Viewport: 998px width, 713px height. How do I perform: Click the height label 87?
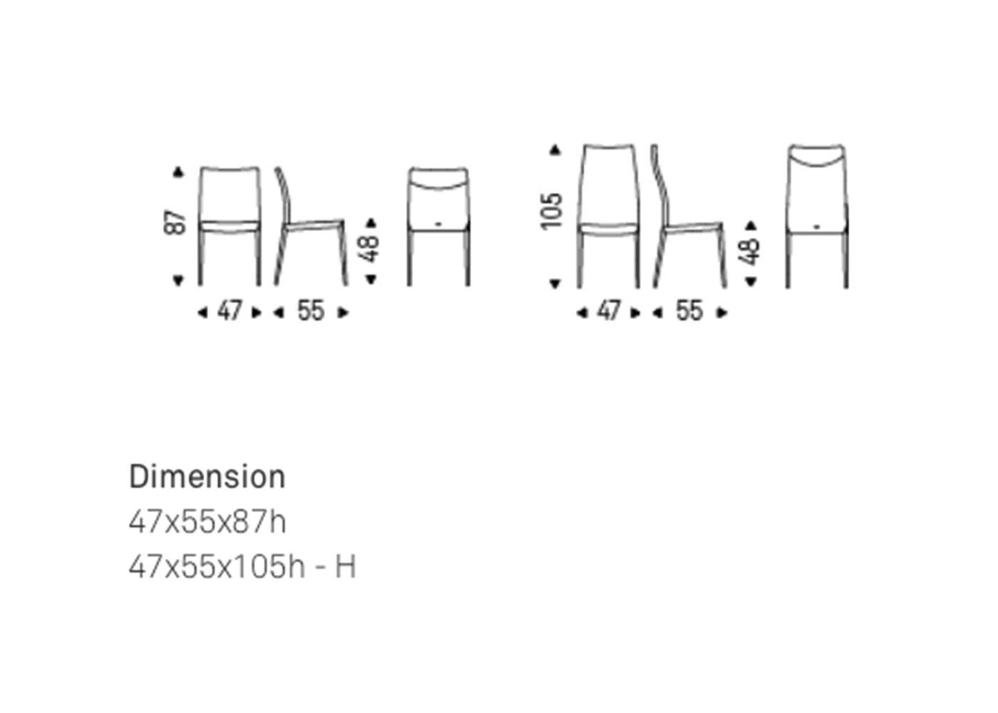[x=175, y=223]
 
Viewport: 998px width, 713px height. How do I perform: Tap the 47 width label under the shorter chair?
[x=230, y=311]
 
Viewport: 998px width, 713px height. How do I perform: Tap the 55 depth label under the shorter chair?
[x=311, y=311]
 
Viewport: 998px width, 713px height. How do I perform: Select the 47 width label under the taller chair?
[x=609, y=311]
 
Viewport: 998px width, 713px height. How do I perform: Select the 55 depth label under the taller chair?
[x=689, y=311]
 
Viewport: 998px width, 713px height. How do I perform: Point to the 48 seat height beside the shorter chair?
[x=371, y=248]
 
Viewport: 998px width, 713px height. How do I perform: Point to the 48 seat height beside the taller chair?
[x=751, y=251]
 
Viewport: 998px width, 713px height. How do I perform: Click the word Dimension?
[x=207, y=477]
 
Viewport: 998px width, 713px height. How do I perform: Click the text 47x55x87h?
[x=207, y=522]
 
